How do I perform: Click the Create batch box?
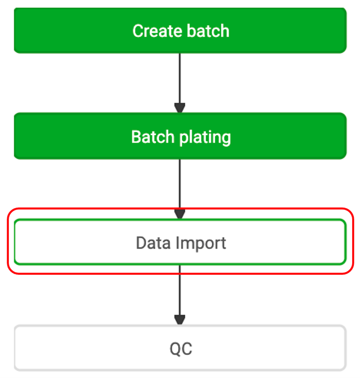180,30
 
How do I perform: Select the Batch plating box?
180,136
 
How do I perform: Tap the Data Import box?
180,242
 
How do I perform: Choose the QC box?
180,348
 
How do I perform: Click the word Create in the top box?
157,31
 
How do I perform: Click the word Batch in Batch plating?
153,137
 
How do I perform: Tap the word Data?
153,243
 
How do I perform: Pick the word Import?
201,244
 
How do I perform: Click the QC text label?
181,349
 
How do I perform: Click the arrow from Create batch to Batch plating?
180,83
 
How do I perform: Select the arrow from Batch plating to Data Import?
180,189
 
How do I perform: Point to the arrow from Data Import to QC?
180,295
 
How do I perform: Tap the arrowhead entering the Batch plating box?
180,108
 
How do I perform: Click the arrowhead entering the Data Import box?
180,214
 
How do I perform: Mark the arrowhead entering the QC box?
180,320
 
